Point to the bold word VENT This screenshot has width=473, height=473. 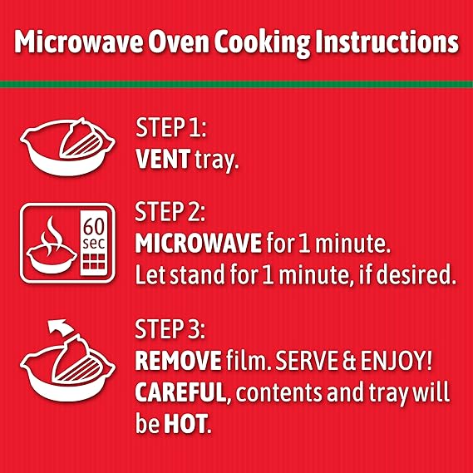pos(159,160)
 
